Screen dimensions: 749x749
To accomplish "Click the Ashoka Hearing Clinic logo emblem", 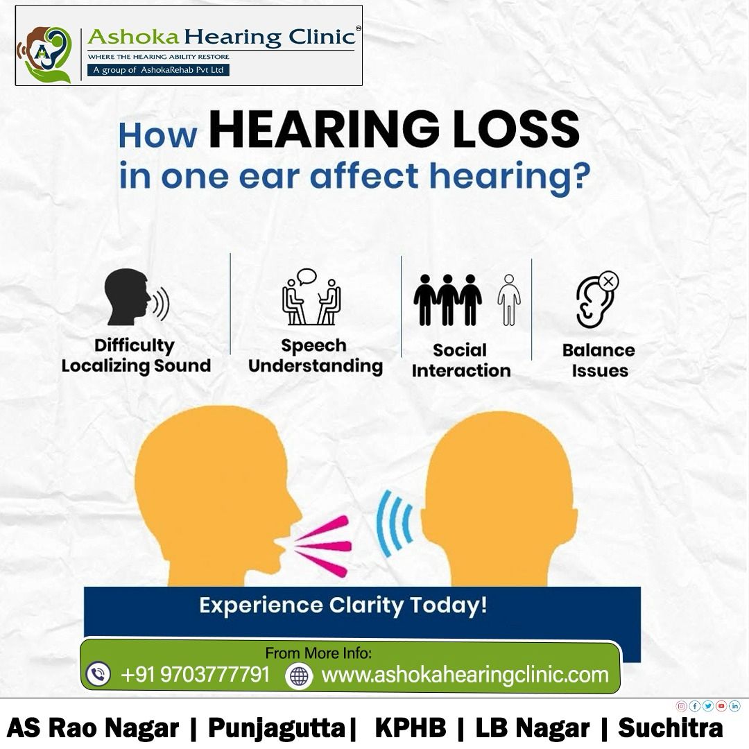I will [44, 54].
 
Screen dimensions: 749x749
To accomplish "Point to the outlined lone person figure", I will [509, 299].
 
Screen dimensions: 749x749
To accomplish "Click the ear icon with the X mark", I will [596, 299].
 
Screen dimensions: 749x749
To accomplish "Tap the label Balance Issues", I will [599, 361].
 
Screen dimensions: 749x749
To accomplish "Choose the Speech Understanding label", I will [316, 356].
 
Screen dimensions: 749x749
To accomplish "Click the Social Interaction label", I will [460, 361].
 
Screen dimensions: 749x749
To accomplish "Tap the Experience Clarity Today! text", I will [343, 605].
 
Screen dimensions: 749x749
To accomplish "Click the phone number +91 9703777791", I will [195, 674].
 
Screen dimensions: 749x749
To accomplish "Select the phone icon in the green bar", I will [98, 674].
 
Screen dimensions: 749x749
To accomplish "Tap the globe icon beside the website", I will [299, 675].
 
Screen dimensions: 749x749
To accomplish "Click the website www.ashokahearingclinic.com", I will [465, 674].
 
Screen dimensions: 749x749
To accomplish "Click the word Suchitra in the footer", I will [670, 728].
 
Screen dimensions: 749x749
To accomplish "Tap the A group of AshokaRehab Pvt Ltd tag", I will [158, 70].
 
